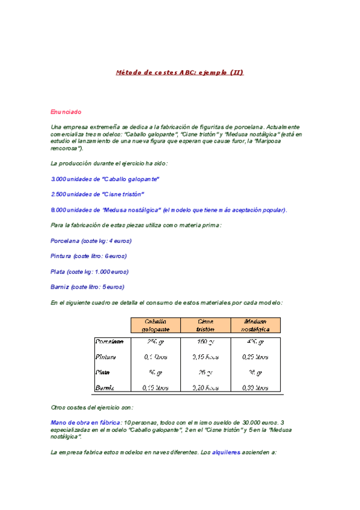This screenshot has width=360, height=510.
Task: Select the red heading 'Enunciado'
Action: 66,112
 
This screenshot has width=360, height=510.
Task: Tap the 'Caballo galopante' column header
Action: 155,325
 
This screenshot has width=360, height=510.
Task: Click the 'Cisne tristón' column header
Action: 205,325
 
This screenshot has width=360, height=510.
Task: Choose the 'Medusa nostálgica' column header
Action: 255,325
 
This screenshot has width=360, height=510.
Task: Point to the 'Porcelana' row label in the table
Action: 109,342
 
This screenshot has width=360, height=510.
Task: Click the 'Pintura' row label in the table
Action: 106,357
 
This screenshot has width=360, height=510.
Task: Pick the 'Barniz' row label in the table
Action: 105,388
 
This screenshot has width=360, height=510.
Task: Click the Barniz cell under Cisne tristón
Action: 205,388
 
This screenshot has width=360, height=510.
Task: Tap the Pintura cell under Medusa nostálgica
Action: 255,357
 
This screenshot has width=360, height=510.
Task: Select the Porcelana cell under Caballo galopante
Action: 155,342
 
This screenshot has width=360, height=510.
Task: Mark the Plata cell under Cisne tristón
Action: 205,372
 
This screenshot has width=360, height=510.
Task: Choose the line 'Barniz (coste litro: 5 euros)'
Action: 88,287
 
